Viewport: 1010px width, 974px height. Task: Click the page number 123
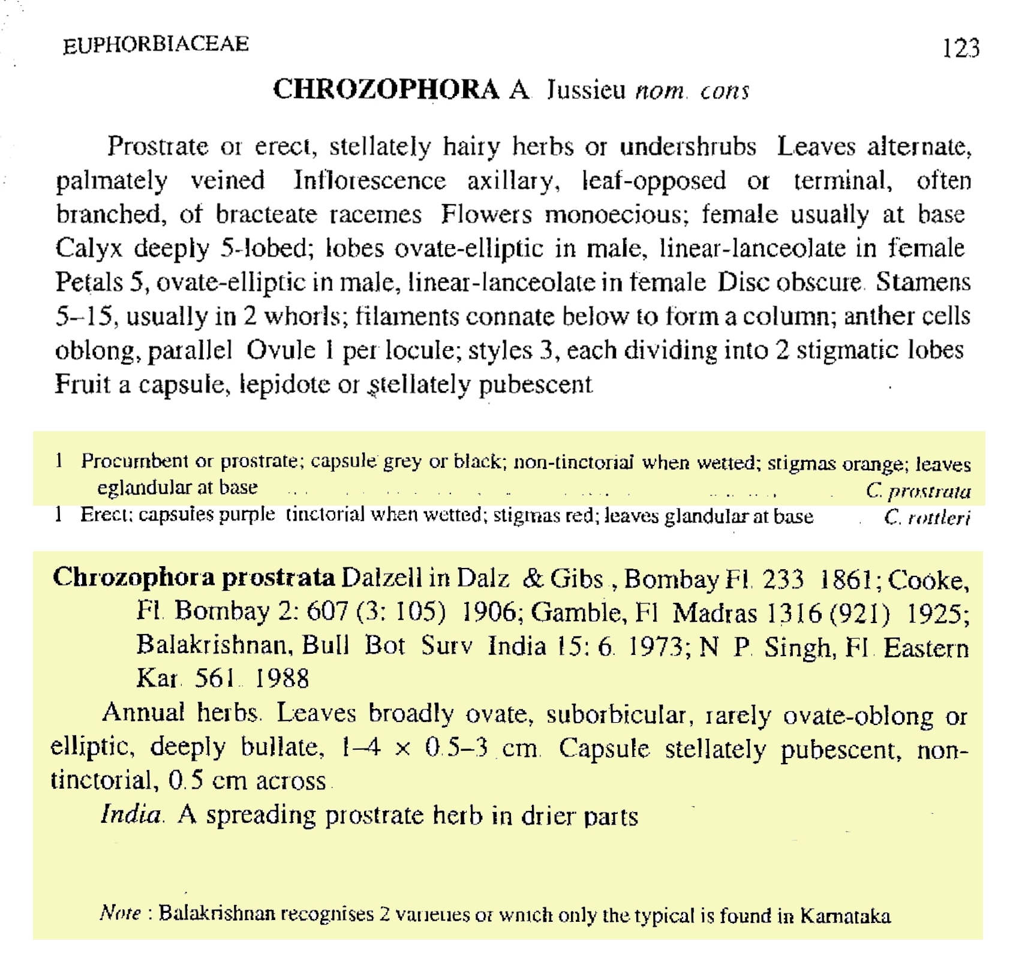pos(960,48)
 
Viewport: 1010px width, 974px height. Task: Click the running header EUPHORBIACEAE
pos(155,44)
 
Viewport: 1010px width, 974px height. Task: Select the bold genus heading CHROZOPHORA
pos(386,89)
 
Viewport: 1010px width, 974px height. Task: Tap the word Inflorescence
pos(369,180)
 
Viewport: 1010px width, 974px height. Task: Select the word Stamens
pos(922,282)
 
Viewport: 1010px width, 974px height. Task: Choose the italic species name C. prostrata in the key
pos(918,491)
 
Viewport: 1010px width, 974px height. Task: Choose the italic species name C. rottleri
pos(927,517)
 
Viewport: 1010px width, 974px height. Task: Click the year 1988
pos(282,678)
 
